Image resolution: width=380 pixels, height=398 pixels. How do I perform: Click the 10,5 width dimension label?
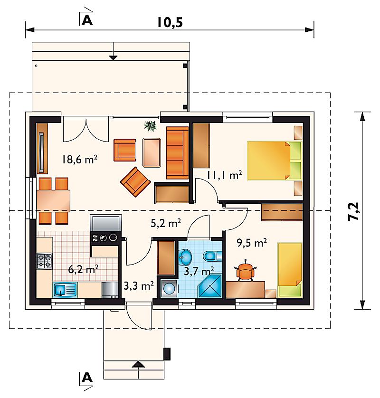[170, 22]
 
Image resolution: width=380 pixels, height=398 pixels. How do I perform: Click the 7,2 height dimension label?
[353, 211]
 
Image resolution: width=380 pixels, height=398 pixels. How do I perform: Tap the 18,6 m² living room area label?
[79, 160]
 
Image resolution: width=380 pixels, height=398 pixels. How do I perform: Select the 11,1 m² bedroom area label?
[224, 175]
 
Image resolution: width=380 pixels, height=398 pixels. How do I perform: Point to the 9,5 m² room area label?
[252, 243]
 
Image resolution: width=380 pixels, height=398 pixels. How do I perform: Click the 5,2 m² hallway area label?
[166, 223]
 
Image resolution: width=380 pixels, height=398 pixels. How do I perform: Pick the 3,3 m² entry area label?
[139, 286]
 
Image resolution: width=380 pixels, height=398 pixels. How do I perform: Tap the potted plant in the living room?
[150, 126]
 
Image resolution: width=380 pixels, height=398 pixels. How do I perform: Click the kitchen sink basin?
[60, 289]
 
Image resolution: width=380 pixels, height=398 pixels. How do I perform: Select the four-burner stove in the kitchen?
[45, 261]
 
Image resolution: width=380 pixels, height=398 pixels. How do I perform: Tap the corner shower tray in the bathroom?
[209, 286]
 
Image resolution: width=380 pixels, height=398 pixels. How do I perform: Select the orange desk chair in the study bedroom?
[245, 271]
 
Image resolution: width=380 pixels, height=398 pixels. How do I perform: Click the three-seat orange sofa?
[178, 153]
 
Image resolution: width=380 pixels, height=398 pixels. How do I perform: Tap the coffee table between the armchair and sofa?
[152, 152]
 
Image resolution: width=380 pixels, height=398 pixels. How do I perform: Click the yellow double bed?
[274, 161]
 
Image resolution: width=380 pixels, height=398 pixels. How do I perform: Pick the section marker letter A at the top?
[87, 20]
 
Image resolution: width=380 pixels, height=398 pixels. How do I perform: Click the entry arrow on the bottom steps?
[139, 365]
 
